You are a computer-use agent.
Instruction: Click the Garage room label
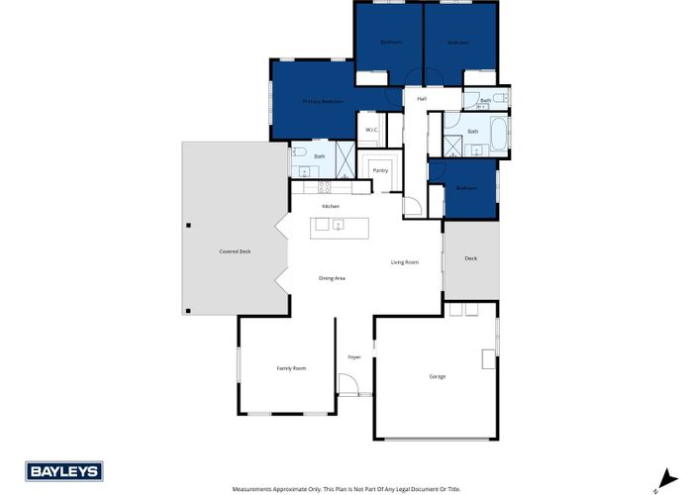(x=437, y=377)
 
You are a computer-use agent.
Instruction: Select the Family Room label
(x=291, y=368)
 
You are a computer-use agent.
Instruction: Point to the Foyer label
(x=353, y=357)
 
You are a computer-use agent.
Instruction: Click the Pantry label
(x=380, y=170)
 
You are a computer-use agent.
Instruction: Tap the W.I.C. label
(x=371, y=130)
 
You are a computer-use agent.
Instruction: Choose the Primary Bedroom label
(x=323, y=101)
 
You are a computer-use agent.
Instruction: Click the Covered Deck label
(x=235, y=251)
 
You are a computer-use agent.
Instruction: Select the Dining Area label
(x=332, y=279)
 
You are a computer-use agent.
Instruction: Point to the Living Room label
(x=404, y=262)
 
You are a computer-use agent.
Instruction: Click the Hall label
(x=422, y=99)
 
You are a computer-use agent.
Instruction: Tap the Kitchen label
(x=330, y=206)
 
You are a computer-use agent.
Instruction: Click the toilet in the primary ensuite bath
(x=298, y=153)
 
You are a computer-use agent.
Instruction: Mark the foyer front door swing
(x=347, y=385)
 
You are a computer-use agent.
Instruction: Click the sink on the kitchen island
(x=338, y=225)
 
